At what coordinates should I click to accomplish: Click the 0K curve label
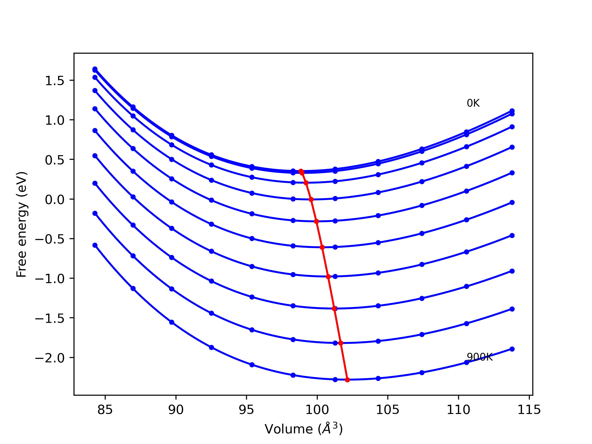pyautogui.click(x=473, y=103)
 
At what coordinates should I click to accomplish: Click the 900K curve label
pyautogui.click(x=480, y=357)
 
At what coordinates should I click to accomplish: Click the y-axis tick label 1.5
pyautogui.click(x=55, y=81)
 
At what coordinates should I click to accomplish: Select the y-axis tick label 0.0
pyautogui.click(x=55, y=200)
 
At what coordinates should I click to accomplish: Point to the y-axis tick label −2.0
pyautogui.click(x=50, y=358)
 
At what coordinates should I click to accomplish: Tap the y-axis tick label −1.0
pyautogui.click(x=50, y=279)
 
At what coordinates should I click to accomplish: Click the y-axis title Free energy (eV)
pyautogui.click(x=22, y=224)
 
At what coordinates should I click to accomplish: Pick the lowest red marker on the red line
pyautogui.click(x=347, y=380)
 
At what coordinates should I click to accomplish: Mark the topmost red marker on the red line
pyautogui.click(x=301, y=171)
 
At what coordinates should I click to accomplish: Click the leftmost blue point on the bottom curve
pyautogui.click(x=95, y=245)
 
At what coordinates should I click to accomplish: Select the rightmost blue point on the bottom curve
pyautogui.click(x=512, y=349)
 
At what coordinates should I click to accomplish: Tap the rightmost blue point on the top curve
pyautogui.click(x=512, y=111)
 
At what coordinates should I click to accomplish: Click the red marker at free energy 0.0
pyautogui.click(x=311, y=199)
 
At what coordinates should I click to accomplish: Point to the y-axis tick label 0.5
pyautogui.click(x=55, y=160)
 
